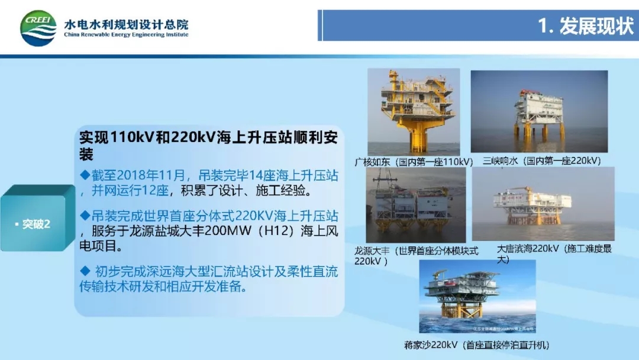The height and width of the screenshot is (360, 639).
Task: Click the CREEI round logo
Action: pyautogui.click(x=38, y=28)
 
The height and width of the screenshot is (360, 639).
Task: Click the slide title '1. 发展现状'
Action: pyautogui.click(x=586, y=25)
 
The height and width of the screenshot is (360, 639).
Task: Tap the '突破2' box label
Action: pyautogui.click(x=36, y=224)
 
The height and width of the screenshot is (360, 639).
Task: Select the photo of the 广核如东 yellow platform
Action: pyautogui.click(x=414, y=112)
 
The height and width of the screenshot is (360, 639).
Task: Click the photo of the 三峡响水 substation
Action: pyautogui.click(x=539, y=111)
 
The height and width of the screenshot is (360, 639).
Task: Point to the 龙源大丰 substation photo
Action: pyautogui.click(x=416, y=205)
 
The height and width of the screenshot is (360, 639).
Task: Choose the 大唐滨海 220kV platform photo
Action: pyautogui.click(x=543, y=204)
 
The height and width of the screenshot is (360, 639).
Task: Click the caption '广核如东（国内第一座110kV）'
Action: pyautogui.click(x=414, y=162)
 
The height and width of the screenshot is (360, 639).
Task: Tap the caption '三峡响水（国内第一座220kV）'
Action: pyautogui.click(x=542, y=160)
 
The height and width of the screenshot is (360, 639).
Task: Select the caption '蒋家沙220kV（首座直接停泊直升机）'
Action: pyautogui.click(x=477, y=345)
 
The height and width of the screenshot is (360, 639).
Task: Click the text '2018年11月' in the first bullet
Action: pyautogui.click(x=151, y=175)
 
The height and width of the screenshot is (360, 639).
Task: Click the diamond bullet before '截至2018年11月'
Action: pyautogui.click(x=85, y=175)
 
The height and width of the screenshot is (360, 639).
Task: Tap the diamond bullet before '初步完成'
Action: pyautogui.click(x=85, y=271)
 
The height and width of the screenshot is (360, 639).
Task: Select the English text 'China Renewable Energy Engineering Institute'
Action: pyautogui.click(x=126, y=35)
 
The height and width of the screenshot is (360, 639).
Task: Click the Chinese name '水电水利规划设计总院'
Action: pyautogui.click(x=126, y=24)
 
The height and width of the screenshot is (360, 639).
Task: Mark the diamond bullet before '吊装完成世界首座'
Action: pyautogui.click(x=85, y=215)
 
